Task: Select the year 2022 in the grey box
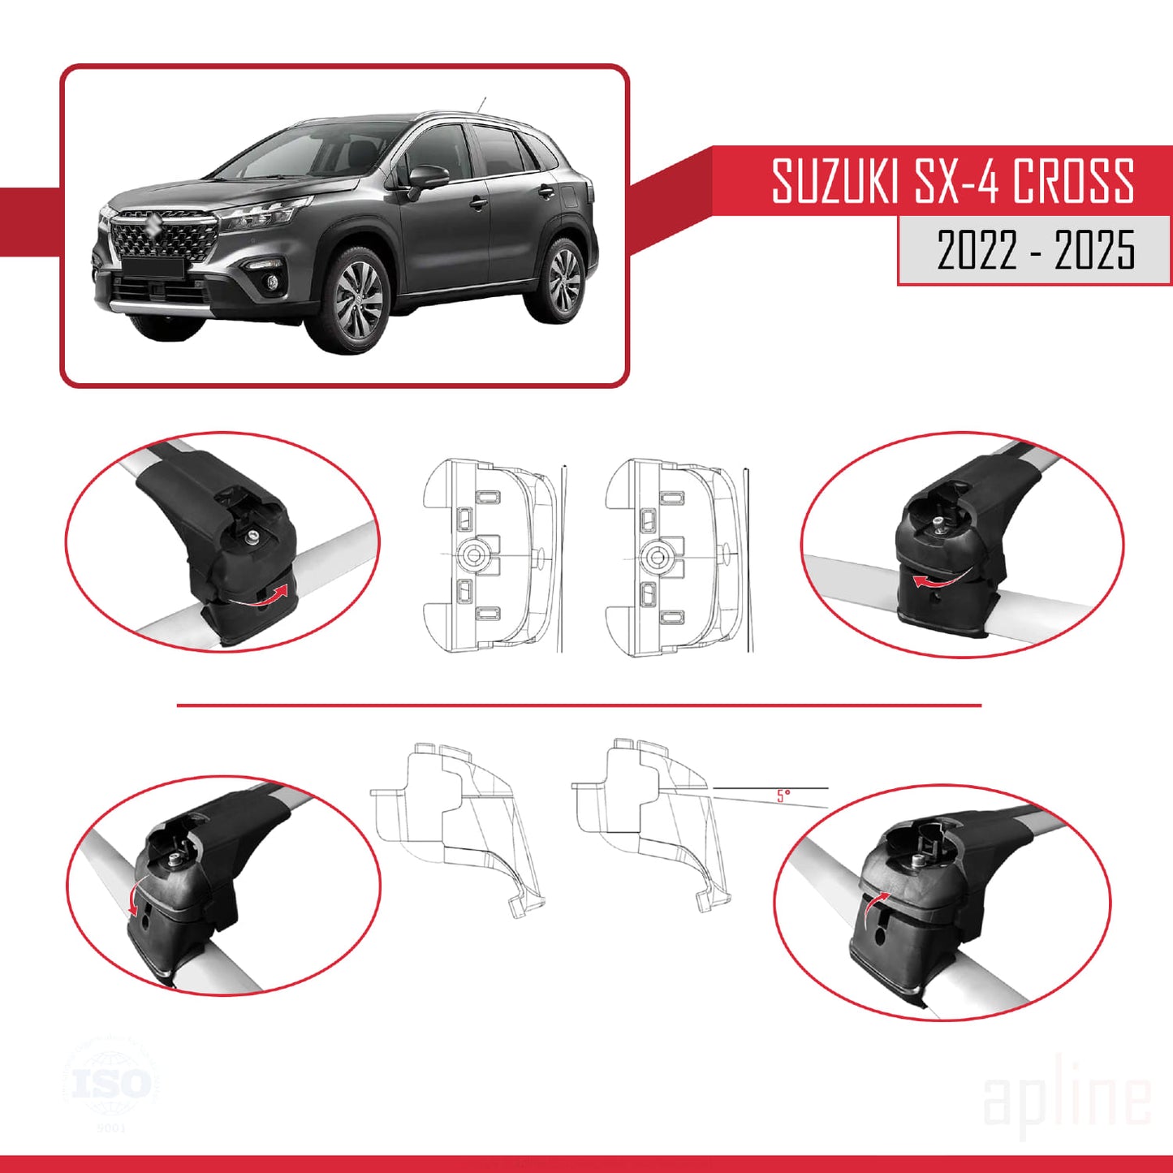977,249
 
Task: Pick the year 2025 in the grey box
1094,249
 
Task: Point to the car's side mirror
427,177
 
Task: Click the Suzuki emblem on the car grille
151,226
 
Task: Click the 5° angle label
783,796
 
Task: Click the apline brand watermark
1067,1100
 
